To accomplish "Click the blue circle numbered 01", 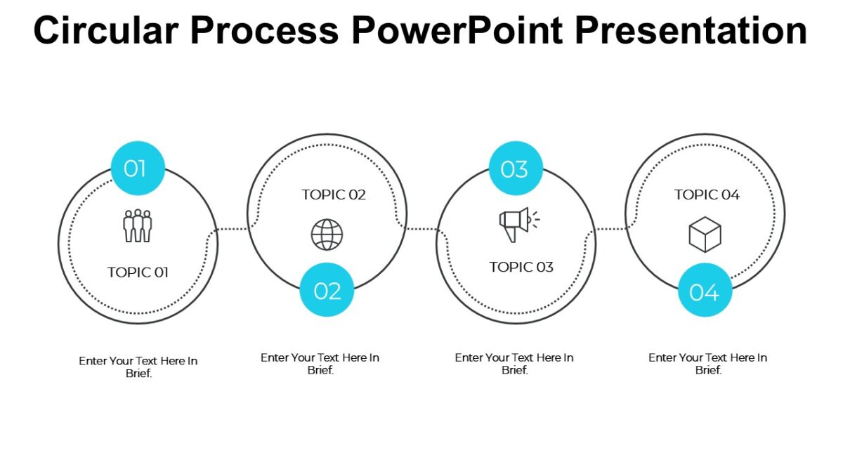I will coord(138,169).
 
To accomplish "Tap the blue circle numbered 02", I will coord(327,290).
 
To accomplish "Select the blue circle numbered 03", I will coord(515,169).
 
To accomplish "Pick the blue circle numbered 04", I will coord(705,291).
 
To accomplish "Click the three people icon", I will coord(138,225).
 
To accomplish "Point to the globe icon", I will coord(327,234).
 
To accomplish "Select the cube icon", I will coord(705,234).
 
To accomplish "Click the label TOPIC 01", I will coord(138,272).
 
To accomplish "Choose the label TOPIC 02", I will coord(334,195).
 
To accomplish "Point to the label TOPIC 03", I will coord(521,267).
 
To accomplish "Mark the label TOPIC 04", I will coord(707,195).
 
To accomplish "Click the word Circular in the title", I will coord(105,30).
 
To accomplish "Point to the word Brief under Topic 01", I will coord(138,374).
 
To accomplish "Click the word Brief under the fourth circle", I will coord(708,370).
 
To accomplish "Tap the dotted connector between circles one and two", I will coord(232,229).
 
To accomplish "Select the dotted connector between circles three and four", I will coord(610,229).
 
